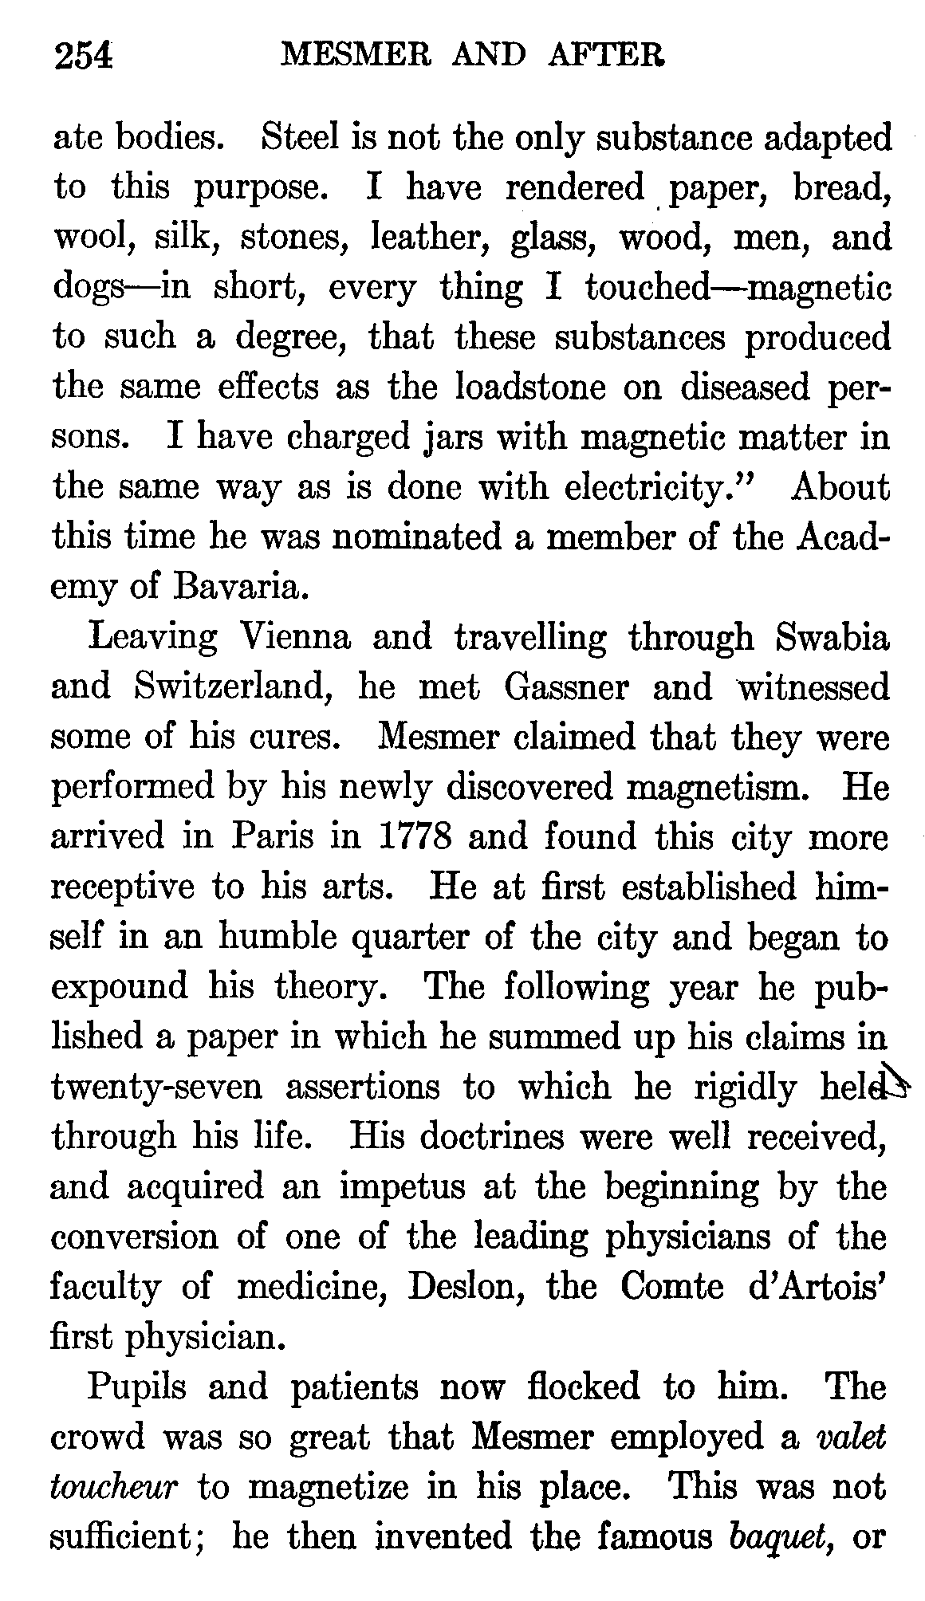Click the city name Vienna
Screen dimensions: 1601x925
[296, 637]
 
